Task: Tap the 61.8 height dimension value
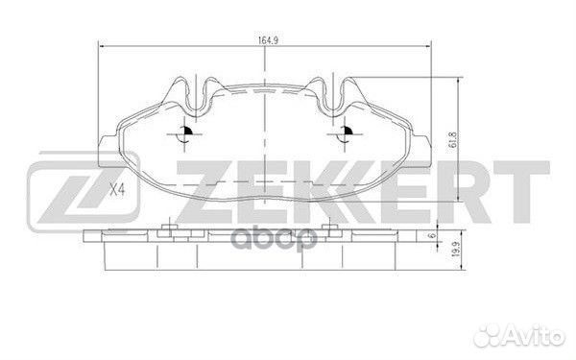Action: [x=453, y=139]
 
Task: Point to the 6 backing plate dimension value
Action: [x=432, y=235]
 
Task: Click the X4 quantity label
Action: [x=117, y=190]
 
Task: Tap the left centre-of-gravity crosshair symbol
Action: [x=184, y=134]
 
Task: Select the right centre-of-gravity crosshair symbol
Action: [x=345, y=134]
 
